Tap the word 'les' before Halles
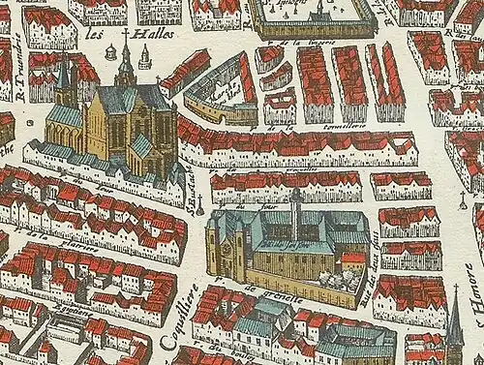(x=95, y=31)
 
